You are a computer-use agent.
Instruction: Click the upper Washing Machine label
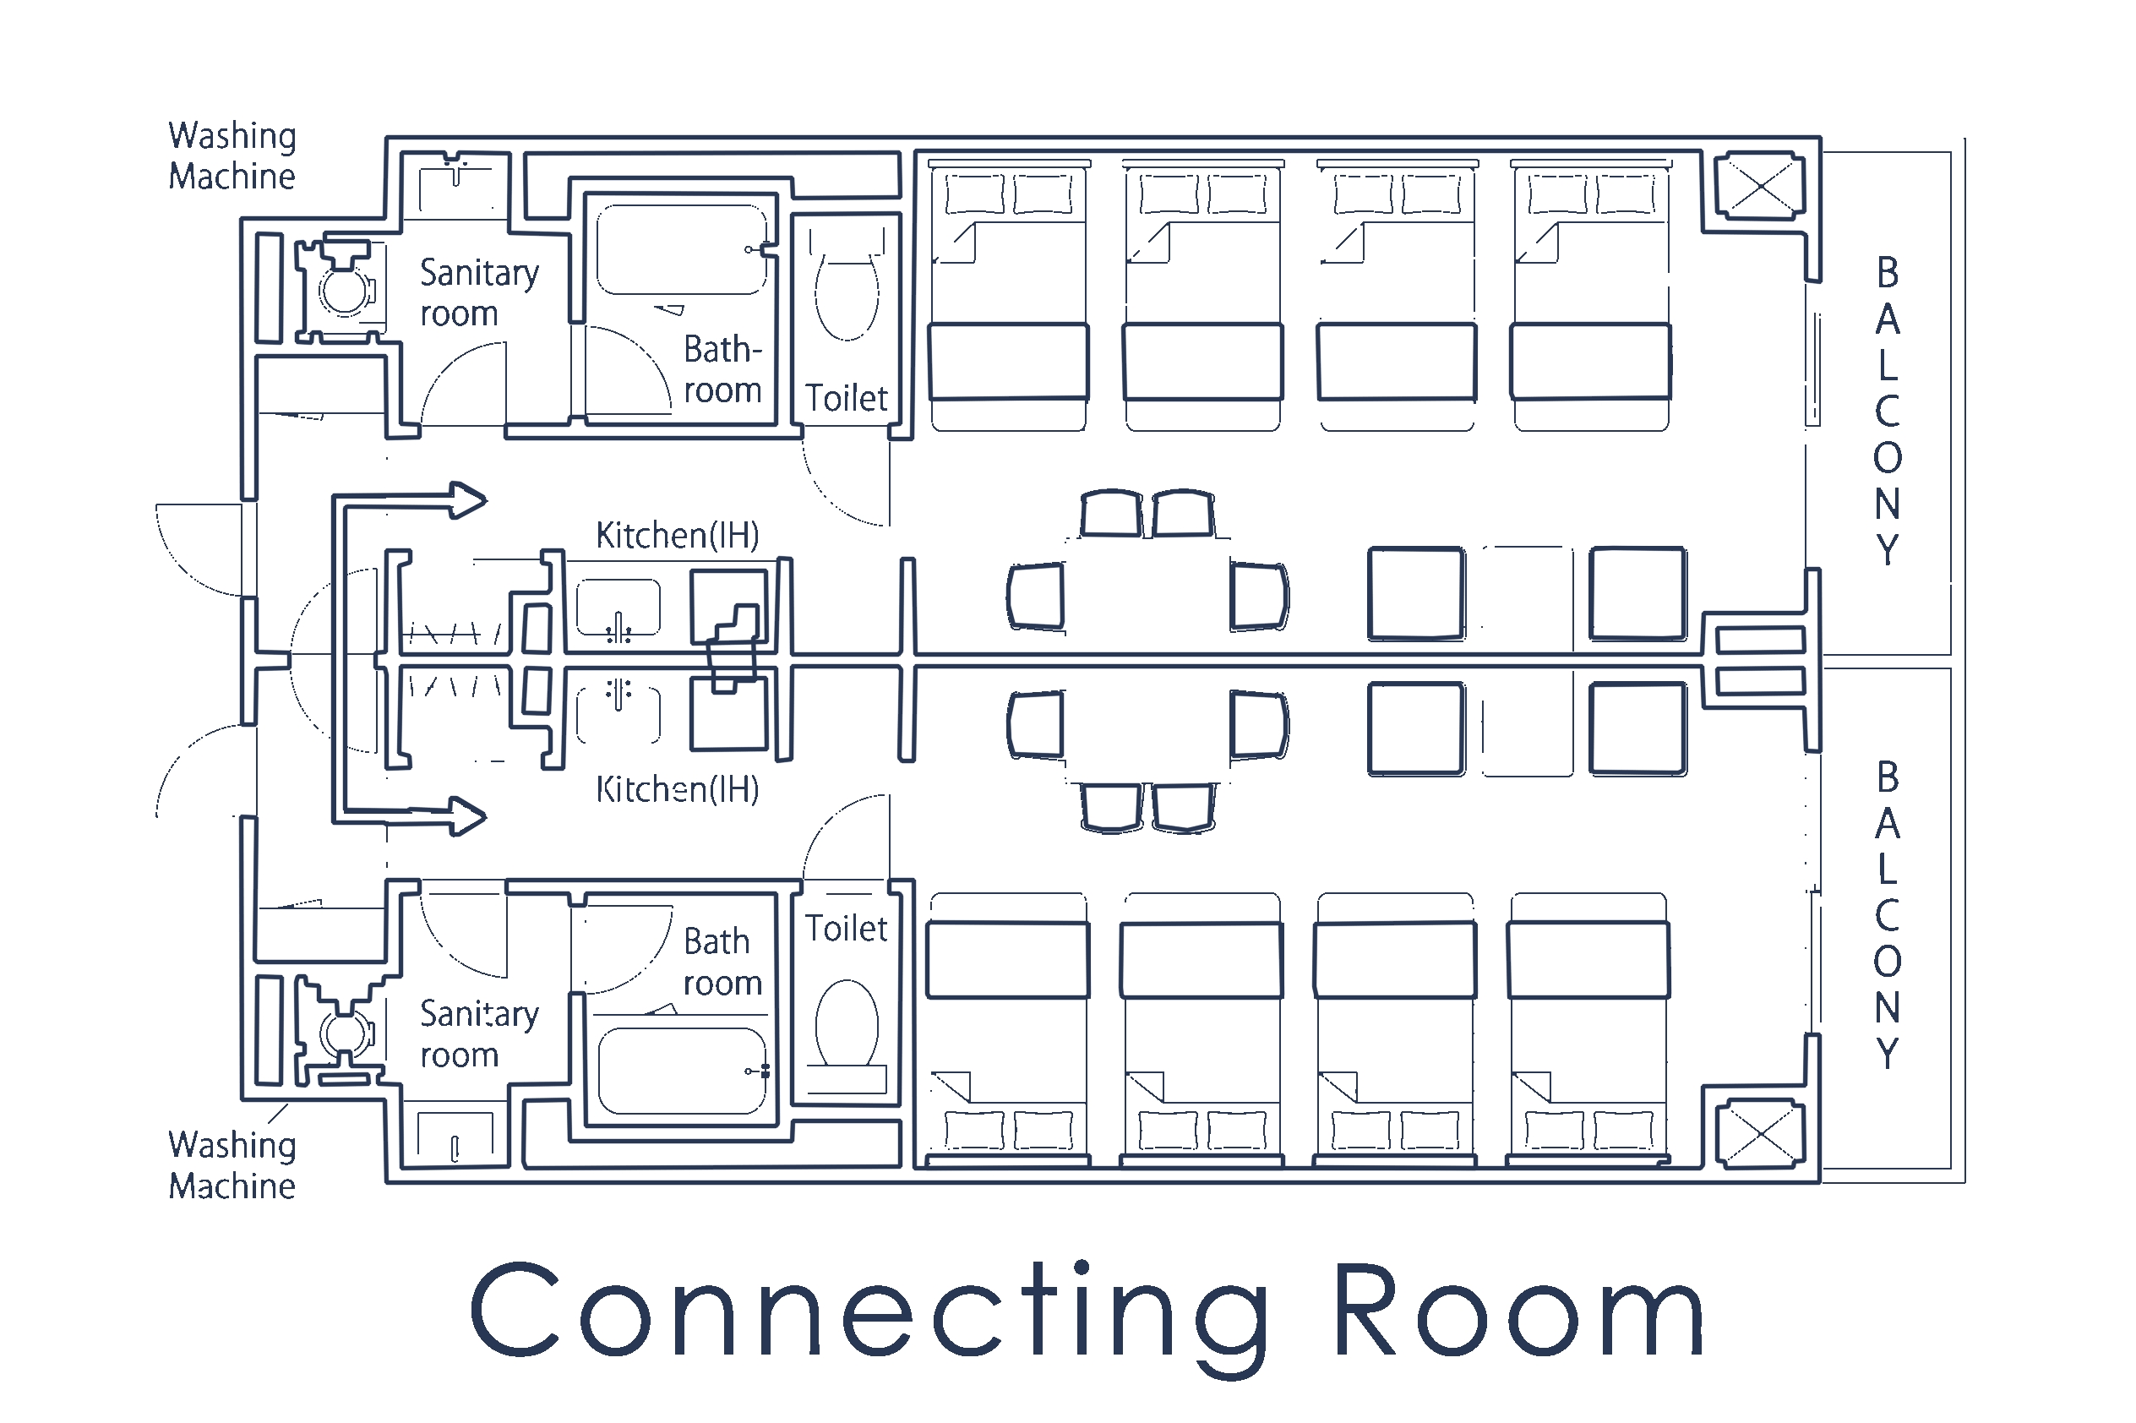[x=232, y=156]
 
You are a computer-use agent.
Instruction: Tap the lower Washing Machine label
[x=232, y=1165]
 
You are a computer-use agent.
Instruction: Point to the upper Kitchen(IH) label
[x=677, y=536]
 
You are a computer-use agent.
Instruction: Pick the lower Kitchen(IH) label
[x=677, y=789]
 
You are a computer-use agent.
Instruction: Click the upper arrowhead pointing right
[x=468, y=500]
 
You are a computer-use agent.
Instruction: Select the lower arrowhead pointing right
[x=468, y=816]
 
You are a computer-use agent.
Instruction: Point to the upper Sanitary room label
[x=479, y=292]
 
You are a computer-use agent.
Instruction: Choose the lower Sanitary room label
[x=479, y=1033]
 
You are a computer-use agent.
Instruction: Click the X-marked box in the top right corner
[x=1759, y=187]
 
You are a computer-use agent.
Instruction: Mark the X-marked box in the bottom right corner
[x=1759, y=1133]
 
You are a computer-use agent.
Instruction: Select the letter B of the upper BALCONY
[x=1888, y=272]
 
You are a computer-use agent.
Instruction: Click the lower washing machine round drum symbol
[x=344, y=1033]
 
